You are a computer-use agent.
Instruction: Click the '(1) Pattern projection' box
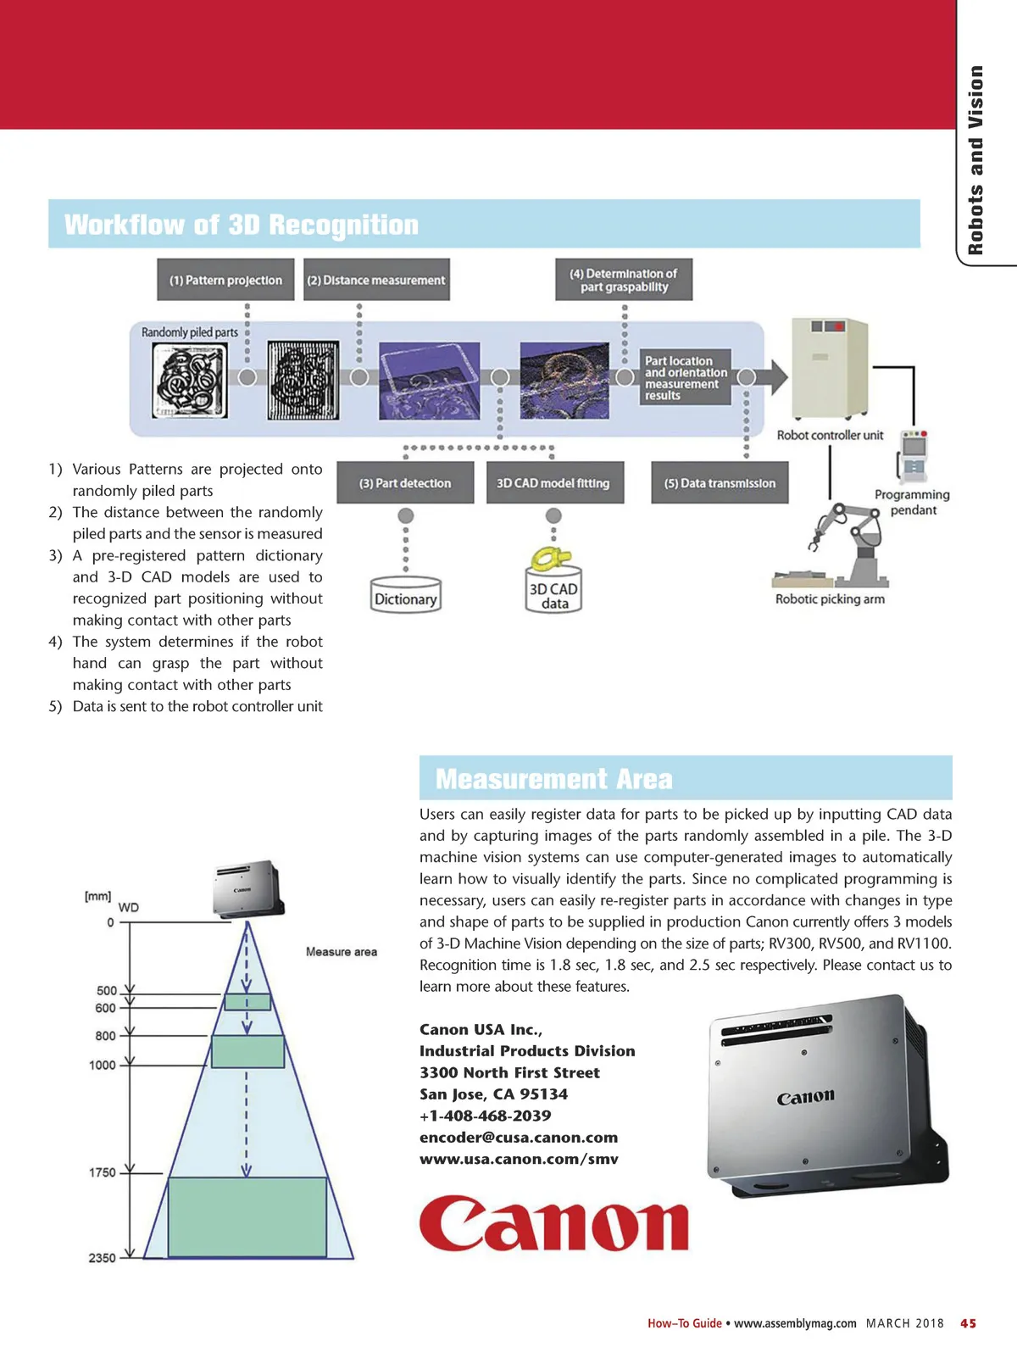tap(225, 280)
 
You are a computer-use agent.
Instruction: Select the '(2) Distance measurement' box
tap(376, 280)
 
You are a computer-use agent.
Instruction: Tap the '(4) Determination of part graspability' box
tap(624, 280)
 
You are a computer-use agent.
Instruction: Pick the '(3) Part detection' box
tap(405, 483)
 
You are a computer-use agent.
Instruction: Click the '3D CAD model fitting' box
tap(554, 483)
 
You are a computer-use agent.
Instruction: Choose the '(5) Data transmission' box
tap(720, 483)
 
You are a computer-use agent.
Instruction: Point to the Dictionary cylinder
tap(406, 595)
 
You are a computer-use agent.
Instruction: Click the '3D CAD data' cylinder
tap(554, 591)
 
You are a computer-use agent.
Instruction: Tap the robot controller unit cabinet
tap(829, 369)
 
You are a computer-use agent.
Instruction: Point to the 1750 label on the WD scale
tap(103, 1172)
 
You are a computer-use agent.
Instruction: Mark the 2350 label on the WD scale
tap(103, 1258)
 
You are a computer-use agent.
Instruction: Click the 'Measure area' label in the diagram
tap(342, 952)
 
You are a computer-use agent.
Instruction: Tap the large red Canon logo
tap(553, 1224)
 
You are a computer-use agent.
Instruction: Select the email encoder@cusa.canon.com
tap(519, 1138)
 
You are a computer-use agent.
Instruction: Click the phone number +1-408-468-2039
tap(486, 1116)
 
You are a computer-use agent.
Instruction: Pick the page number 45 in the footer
tap(968, 1323)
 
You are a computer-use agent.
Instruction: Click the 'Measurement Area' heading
tap(554, 779)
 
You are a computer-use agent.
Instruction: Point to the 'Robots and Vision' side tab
tap(976, 161)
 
